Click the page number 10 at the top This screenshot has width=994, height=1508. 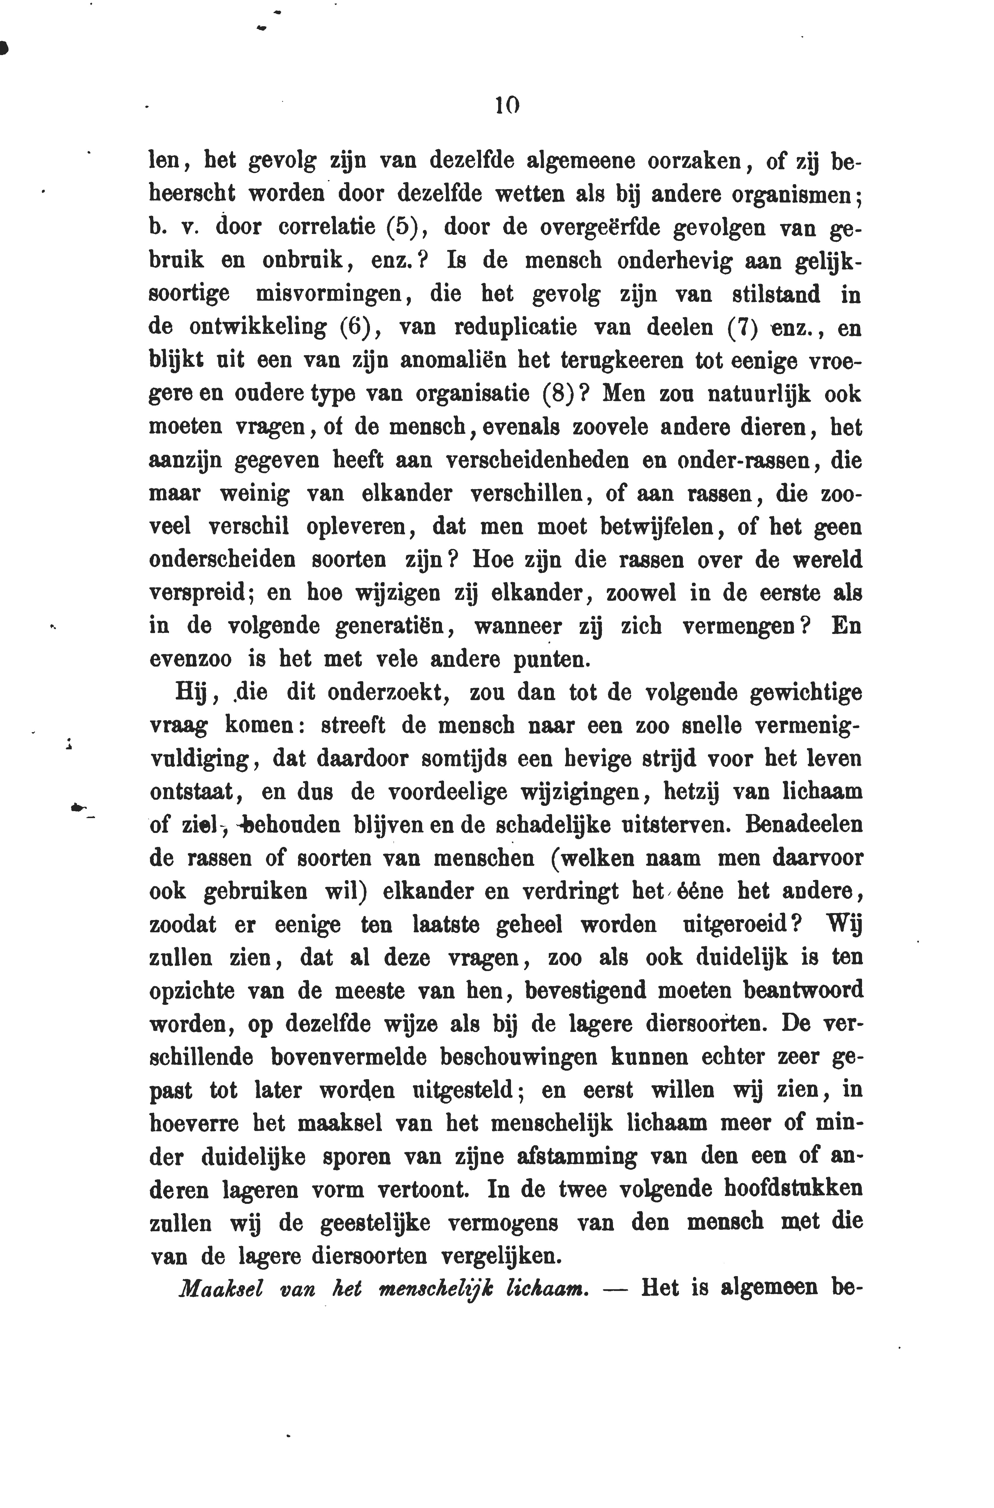507,105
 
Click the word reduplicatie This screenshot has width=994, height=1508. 515,328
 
